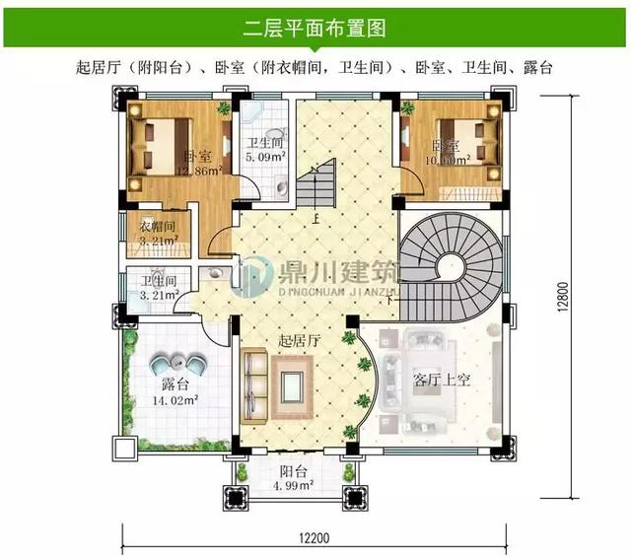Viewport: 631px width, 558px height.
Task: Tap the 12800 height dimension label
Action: pyautogui.click(x=590, y=294)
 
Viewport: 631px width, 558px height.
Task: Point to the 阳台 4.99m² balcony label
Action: pyautogui.click(x=292, y=477)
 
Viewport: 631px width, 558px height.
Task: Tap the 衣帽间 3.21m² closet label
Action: pyautogui.click(x=158, y=233)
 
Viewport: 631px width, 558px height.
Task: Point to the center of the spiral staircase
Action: pyautogui.click(x=453, y=265)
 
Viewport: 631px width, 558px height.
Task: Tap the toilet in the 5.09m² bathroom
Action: pyautogui.click(x=281, y=183)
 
